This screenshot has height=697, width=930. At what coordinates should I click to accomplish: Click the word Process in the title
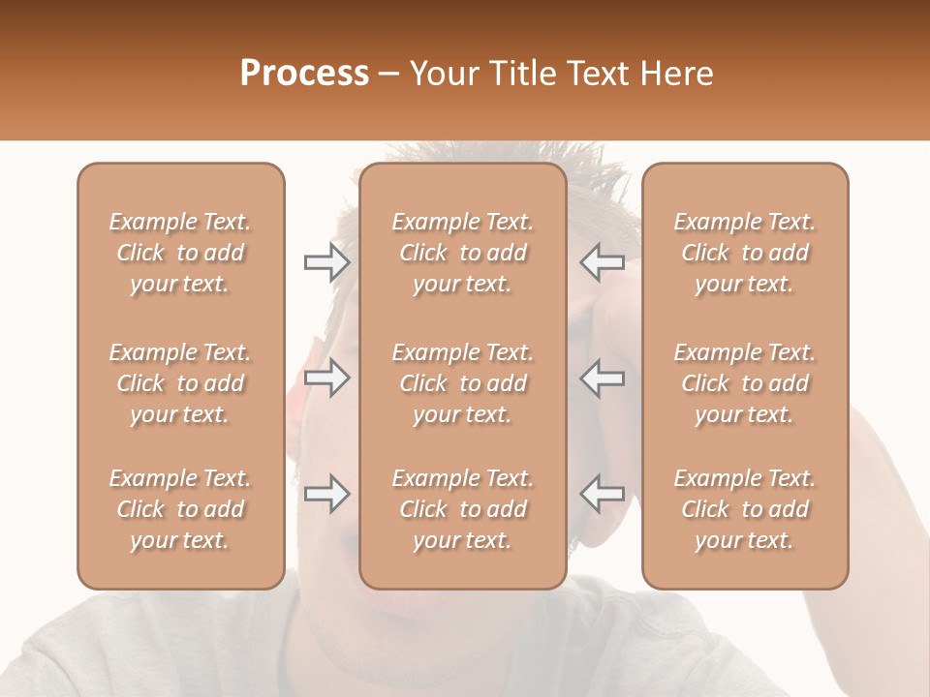pyautogui.click(x=304, y=74)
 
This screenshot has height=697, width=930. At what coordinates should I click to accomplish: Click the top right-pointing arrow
pyautogui.click(x=327, y=262)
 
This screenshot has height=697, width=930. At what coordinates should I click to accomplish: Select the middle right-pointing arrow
pyautogui.click(x=327, y=378)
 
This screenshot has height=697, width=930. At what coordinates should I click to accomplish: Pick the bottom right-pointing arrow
pyautogui.click(x=327, y=494)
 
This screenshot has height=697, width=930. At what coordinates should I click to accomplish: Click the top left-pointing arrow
pyautogui.click(x=602, y=262)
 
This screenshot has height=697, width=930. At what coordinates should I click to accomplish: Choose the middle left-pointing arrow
pyautogui.click(x=602, y=378)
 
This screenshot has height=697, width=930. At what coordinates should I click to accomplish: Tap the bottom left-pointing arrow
pyautogui.click(x=602, y=494)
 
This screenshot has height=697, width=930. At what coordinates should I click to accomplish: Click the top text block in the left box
pyautogui.click(x=180, y=253)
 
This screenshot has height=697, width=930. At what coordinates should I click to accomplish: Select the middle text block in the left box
pyautogui.click(x=180, y=383)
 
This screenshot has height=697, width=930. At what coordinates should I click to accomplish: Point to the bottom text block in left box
pyautogui.click(x=180, y=509)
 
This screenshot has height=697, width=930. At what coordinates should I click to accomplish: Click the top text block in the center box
pyautogui.click(x=462, y=253)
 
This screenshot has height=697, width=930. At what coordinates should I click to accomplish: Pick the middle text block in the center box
pyautogui.click(x=462, y=383)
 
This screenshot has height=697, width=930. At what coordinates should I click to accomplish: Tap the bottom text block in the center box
pyautogui.click(x=462, y=509)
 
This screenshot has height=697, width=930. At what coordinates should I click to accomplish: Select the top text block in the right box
pyautogui.click(x=744, y=253)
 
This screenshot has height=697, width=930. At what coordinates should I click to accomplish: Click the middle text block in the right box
pyautogui.click(x=744, y=383)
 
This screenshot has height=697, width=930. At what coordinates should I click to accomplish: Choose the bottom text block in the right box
pyautogui.click(x=744, y=509)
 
